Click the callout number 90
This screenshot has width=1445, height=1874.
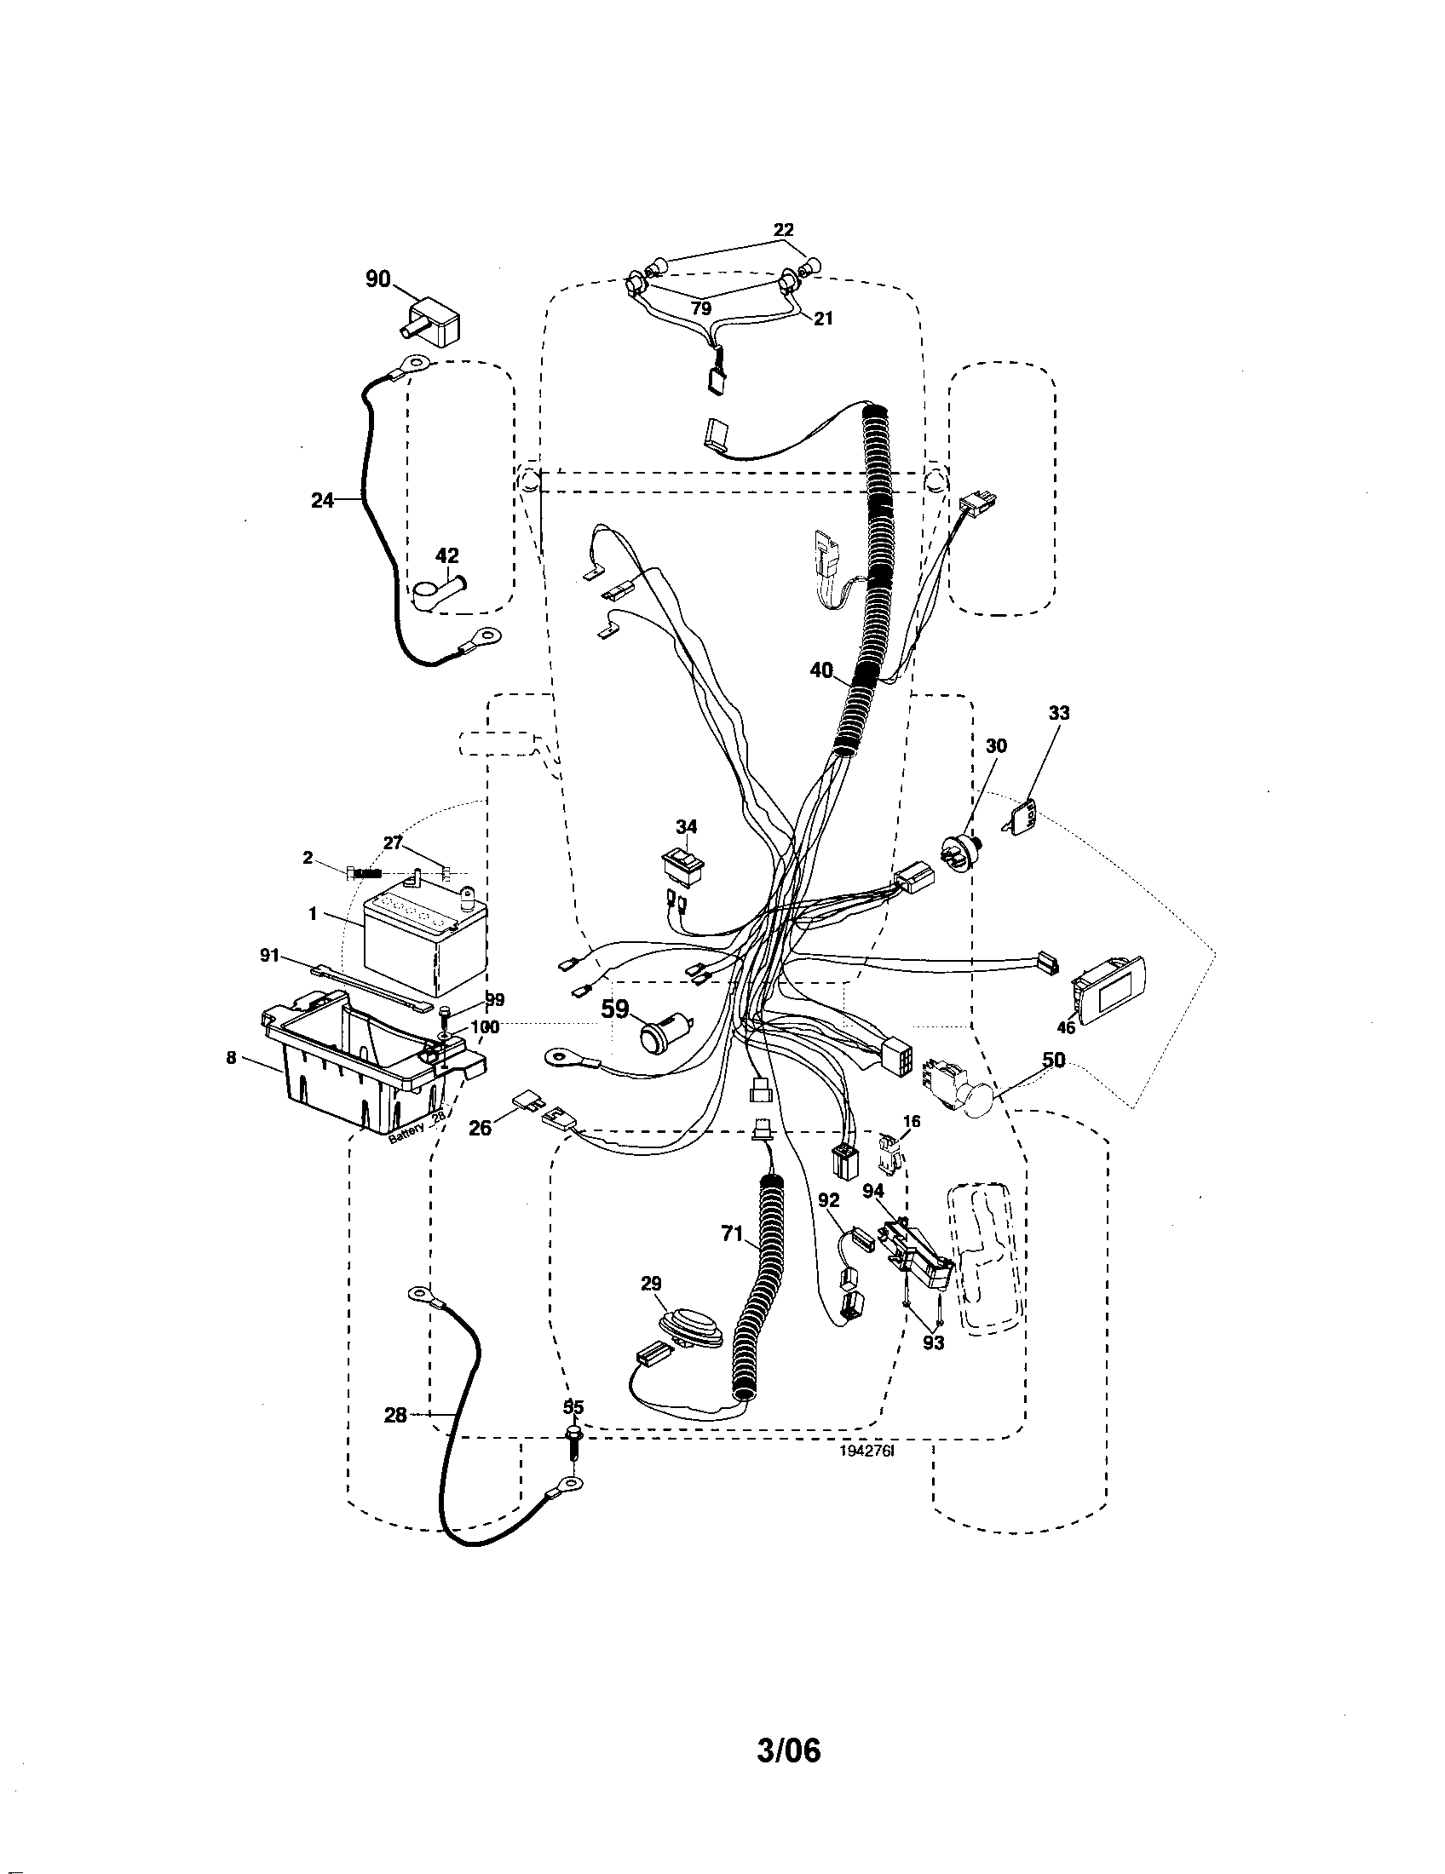point(378,279)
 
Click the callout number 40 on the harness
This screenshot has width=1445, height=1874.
point(822,670)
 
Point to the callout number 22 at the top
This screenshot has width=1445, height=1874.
point(784,230)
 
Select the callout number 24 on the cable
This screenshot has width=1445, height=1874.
point(323,500)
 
